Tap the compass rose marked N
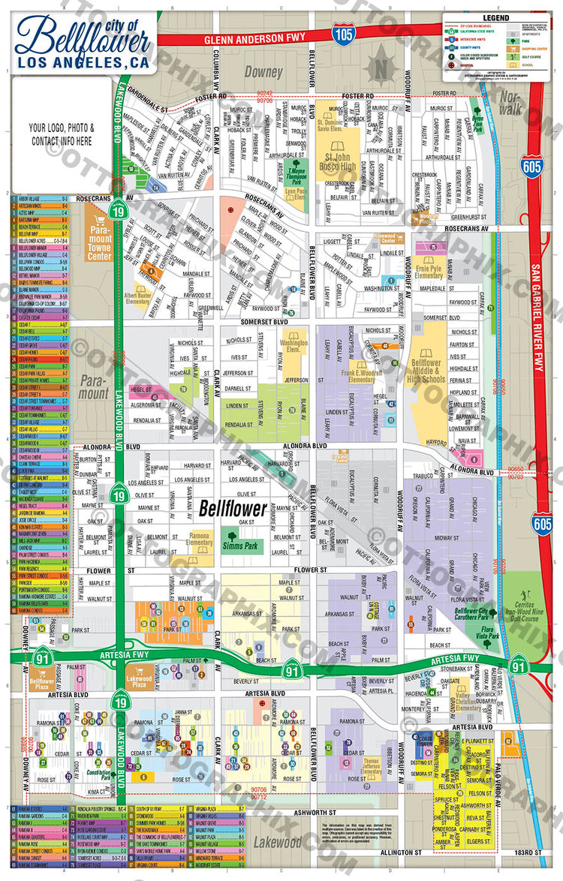point(381,67)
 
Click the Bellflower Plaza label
point(43,684)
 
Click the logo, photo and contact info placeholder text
point(62,134)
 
